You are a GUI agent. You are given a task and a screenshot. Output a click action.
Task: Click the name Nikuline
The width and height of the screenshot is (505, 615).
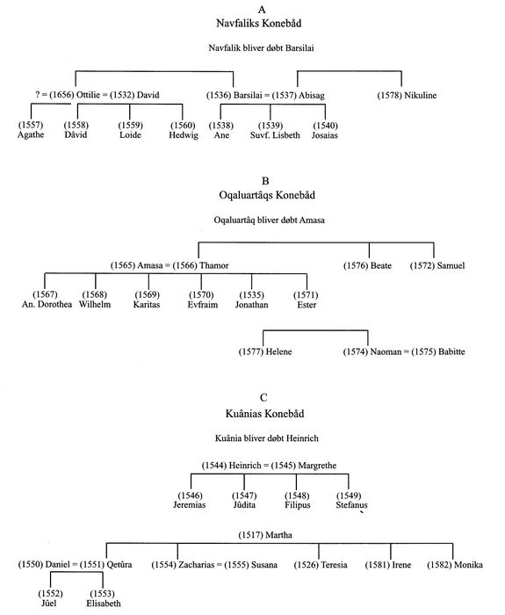pyautogui.click(x=421, y=95)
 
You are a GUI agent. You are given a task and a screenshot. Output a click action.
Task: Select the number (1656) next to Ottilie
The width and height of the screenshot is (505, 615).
pyautogui.click(x=61, y=95)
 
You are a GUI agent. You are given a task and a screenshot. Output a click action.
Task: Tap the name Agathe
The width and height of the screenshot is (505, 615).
pyautogui.click(x=31, y=135)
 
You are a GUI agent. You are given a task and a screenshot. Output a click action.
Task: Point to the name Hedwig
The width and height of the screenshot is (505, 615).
pyautogui.click(x=184, y=135)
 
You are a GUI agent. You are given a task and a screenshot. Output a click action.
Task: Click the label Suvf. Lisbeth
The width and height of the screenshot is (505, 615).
pyautogui.click(x=275, y=135)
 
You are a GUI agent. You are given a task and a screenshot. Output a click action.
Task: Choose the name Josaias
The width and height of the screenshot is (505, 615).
pyautogui.click(x=325, y=135)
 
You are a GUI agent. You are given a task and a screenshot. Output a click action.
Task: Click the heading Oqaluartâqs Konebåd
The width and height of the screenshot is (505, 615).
pyautogui.click(x=267, y=195)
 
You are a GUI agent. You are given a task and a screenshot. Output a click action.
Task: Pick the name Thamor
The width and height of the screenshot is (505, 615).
pyautogui.click(x=214, y=265)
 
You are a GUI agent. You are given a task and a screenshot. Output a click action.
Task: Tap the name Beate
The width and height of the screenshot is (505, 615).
pyautogui.click(x=381, y=265)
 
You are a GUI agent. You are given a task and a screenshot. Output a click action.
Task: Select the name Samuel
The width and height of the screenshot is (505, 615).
pyautogui.click(x=451, y=265)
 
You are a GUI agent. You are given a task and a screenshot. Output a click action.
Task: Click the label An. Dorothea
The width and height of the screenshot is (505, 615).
pyautogui.click(x=47, y=304)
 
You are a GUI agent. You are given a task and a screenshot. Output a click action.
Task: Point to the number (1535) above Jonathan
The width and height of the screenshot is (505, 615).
pyautogui.click(x=252, y=295)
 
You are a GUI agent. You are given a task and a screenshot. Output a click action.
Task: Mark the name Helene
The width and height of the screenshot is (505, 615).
pyautogui.click(x=278, y=351)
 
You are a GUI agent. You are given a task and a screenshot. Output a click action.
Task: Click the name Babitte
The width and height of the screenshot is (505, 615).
pyautogui.click(x=451, y=351)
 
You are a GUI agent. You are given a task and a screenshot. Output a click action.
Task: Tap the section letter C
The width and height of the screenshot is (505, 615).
pyautogui.click(x=263, y=398)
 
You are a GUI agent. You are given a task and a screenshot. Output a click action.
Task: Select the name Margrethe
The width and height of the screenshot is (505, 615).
pyautogui.click(x=317, y=466)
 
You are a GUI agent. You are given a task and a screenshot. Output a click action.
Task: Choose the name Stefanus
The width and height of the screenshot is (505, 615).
pyautogui.click(x=351, y=505)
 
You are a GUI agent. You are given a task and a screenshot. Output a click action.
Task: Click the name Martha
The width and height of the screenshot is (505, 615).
pyautogui.click(x=278, y=535)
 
